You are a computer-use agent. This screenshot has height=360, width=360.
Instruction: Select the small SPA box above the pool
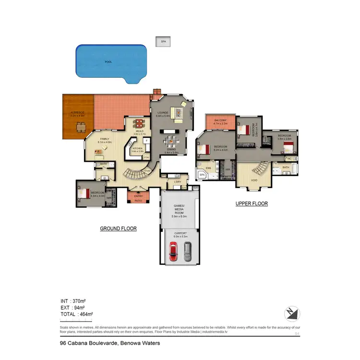[x=163, y=42]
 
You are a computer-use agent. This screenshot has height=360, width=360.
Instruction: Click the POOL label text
[x=108, y=62]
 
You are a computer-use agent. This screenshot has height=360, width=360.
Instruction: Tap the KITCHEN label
[x=137, y=149]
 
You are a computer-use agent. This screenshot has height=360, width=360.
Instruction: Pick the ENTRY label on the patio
[x=138, y=196]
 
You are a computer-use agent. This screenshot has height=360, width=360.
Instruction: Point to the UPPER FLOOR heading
[x=252, y=204]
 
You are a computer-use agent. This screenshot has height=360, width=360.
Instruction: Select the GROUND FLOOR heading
[x=118, y=229]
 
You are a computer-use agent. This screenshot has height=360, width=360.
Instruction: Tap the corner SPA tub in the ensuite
[x=203, y=175]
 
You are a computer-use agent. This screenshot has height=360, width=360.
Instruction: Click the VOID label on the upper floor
[x=254, y=180]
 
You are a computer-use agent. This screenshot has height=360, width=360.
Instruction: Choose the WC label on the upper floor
[x=289, y=158]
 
